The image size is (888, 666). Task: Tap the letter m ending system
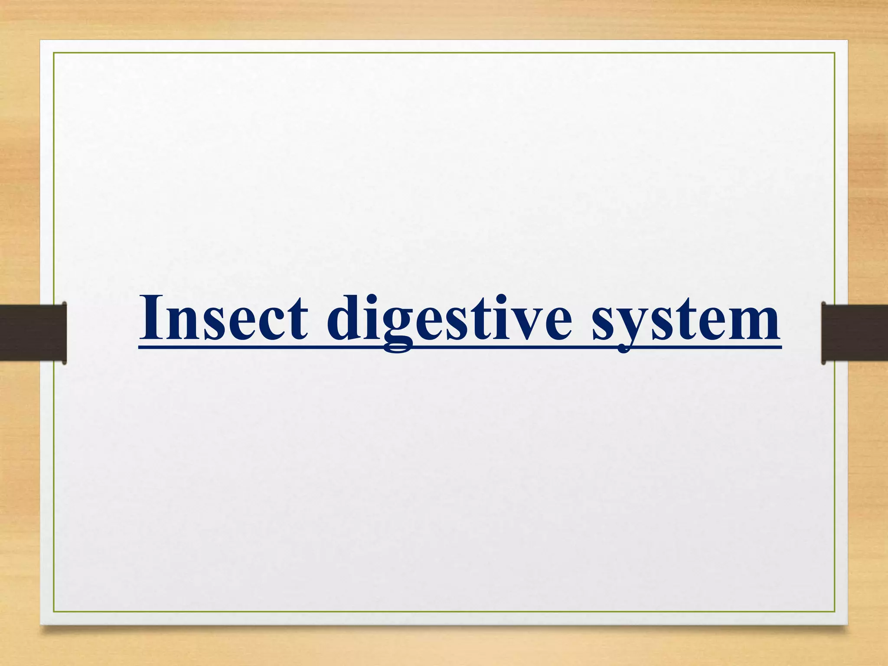753,323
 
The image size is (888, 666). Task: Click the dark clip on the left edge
33,333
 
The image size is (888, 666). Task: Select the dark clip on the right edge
854,333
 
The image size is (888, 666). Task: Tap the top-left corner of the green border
54,53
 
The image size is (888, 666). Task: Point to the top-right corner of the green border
835,53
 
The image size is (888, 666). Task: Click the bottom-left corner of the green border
54,612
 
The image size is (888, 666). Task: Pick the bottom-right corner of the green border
835,612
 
